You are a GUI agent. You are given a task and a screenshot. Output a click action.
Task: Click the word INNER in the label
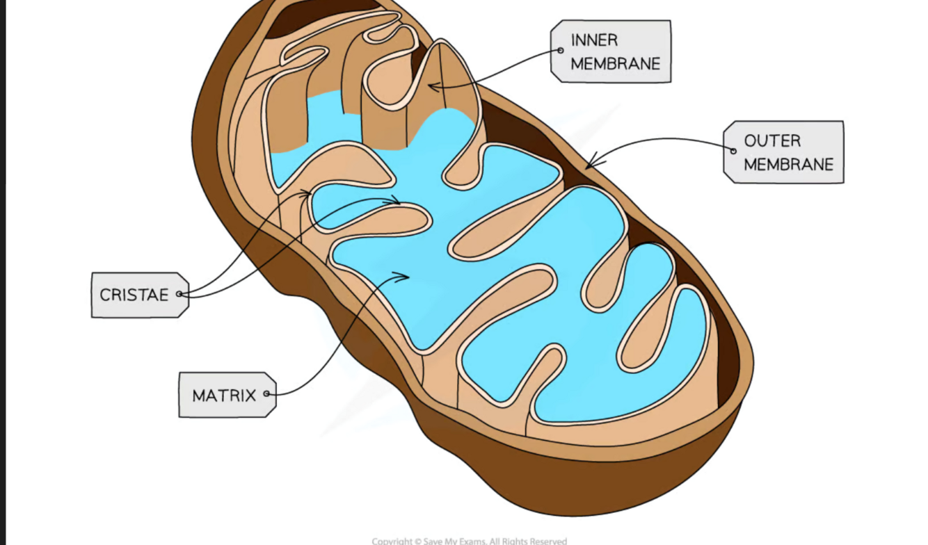594,40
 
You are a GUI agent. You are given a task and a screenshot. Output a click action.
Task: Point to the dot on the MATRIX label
266,394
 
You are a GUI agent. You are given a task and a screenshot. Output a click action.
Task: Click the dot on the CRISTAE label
179,294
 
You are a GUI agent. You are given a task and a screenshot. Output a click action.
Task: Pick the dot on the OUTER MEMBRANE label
733,151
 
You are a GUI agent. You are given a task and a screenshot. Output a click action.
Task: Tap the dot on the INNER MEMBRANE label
561,50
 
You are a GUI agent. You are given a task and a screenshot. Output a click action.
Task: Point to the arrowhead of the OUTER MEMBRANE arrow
589,166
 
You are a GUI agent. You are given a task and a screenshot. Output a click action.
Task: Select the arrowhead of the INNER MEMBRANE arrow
430,86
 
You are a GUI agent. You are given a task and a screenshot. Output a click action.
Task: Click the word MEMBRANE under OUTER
788,165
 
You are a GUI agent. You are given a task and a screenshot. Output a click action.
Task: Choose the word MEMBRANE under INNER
615,64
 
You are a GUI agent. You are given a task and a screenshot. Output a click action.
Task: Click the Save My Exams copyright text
469,541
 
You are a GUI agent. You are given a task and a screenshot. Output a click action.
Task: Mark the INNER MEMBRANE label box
611,51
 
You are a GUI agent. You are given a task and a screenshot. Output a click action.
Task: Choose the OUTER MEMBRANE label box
784,152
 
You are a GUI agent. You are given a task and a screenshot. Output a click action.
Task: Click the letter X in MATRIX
250,396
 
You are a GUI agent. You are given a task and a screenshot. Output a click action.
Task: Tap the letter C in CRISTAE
105,295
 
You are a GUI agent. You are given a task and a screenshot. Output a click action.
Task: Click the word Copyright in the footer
392,541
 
